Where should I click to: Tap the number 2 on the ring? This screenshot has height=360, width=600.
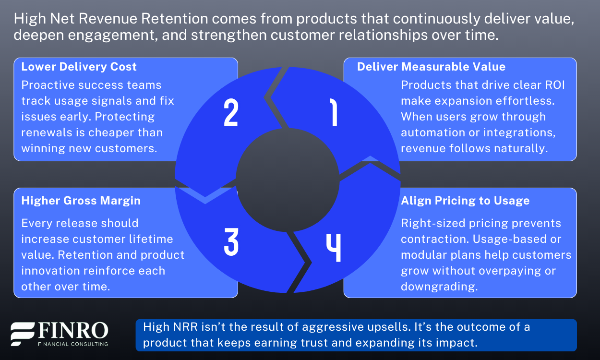[x=231, y=113]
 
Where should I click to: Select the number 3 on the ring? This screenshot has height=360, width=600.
[x=231, y=241]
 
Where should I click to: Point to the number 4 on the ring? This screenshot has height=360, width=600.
[x=334, y=248]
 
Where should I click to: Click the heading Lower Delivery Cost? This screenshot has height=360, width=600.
[x=79, y=67]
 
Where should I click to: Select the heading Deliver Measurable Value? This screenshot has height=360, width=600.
[x=431, y=67]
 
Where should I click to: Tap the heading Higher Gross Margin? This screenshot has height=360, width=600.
[x=81, y=201]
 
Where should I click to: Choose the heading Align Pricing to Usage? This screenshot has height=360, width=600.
[x=465, y=201]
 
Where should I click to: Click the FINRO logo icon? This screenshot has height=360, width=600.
[x=23, y=334]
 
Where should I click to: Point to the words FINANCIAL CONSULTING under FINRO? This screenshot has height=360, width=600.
[x=73, y=344]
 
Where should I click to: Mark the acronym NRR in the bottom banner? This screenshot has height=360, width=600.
[x=177, y=327]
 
